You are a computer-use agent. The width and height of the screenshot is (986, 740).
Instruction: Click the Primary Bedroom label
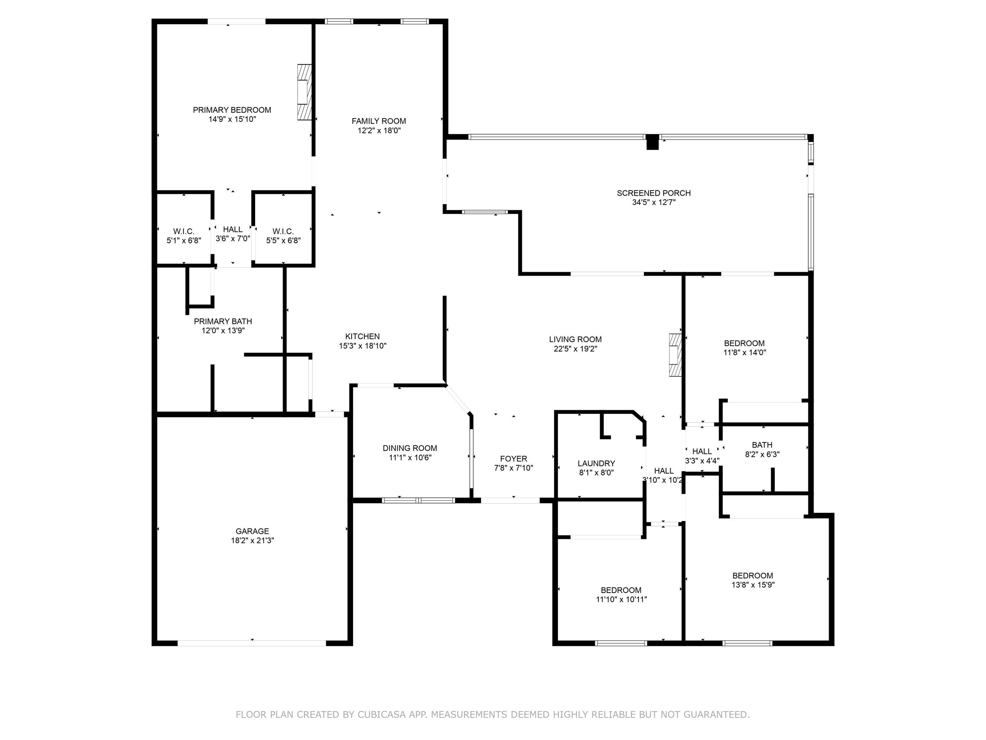[x=232, y=110]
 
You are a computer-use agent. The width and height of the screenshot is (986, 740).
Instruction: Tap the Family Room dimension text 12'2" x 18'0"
[x=379, y=130]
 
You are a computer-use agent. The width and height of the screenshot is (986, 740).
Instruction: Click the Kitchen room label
[x=363, y=336]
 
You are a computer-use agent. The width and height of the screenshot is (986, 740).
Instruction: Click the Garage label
[x=252, y=531]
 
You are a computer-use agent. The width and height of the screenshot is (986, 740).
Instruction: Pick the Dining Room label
[x=410, y=448]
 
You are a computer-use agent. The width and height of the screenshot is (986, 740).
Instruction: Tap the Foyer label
[x=513, y=458]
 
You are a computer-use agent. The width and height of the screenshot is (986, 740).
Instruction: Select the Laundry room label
[x=597, y=463]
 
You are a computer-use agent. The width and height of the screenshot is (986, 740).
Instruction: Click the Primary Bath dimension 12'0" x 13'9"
[x=223, y=331]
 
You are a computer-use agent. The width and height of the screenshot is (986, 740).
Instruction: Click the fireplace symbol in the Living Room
[x=675, y=355]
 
